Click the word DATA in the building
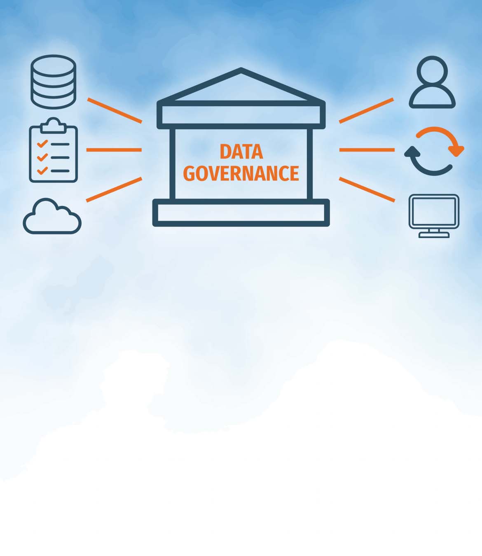tap(241, 152)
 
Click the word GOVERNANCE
tap(241, 173)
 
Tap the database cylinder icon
tap(54, 82)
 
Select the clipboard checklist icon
tap(54, 151)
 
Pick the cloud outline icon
tap(52, 217)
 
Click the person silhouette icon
tap(432, 82)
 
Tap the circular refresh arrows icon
tap(434, 151)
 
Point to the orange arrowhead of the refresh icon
tap(456, 150)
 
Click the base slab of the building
tap(241, 213)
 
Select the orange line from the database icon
tap(115, 110)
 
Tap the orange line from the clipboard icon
tap(114, 150)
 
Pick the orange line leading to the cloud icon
tap(114, 189)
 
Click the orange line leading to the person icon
tap(366, 110)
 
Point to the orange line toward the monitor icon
tap(367, 189)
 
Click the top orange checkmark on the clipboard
tap(42, 144)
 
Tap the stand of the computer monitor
tap(434, 234)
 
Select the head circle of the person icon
tap(432, 70)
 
